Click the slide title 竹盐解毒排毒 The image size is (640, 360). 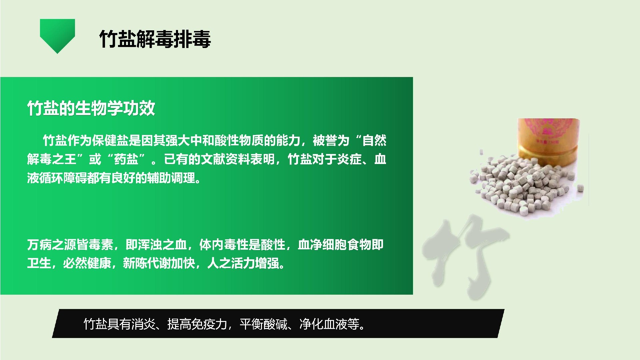click(155, 39)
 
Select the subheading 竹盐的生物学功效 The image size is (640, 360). click(91, 108)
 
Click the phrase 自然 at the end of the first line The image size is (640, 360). click(374, 140)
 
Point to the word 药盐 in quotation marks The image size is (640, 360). click(126, 159)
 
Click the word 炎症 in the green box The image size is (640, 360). click(349, 159)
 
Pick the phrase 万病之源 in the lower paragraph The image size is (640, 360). click(52, 245)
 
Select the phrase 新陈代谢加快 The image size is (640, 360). click(159, 263)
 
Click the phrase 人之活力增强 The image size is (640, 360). click(243, 263)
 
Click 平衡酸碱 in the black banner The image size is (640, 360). click(264, 324)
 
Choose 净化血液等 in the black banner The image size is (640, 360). click(330, 324)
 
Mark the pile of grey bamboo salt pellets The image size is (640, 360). click(527, 187)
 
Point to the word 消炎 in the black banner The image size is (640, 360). click(144, 324)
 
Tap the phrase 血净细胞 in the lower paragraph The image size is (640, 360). click(322, 245)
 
